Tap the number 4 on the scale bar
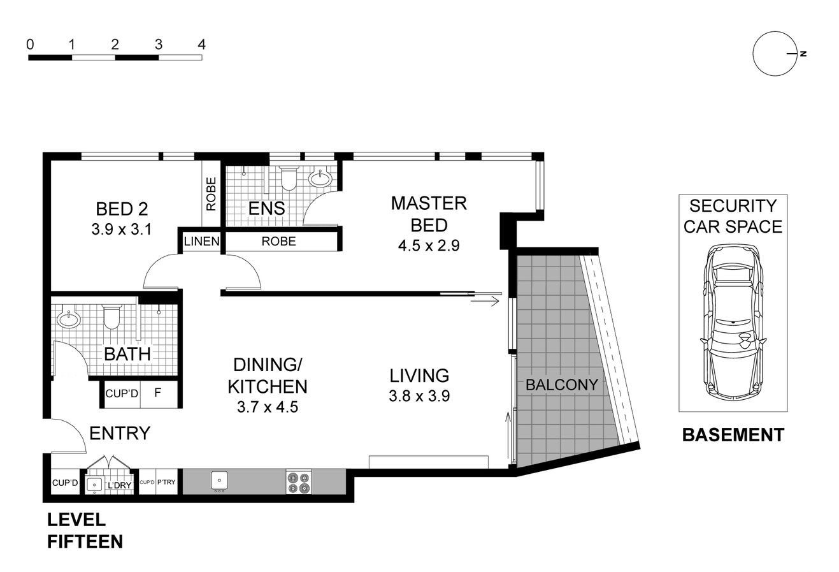click(x=201, y=45)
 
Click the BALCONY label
click(x=561, y=385)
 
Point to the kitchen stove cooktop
click(x=298, y=482)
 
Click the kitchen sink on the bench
click(x=219, y=481)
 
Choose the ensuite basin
click(x=319, y=179)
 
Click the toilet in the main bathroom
click(x=111, y=316)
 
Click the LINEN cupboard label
click(x=201, y=242)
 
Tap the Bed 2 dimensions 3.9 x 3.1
click(x=121, y=228)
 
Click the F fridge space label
click(x=157, y=393)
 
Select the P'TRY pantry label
click(x=166, y=483)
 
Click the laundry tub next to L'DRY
click(x=94, y=485)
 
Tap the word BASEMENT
click(x=733, y=435)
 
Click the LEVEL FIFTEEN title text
click(x=85, y=531)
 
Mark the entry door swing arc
click(x=70, y=434)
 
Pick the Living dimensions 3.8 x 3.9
click(x=419, y=396)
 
